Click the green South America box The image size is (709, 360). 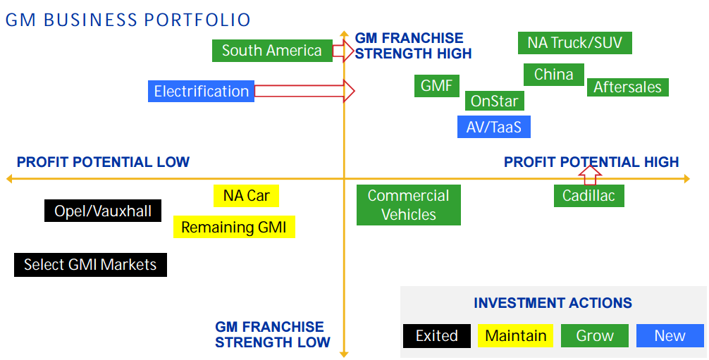(272, 51)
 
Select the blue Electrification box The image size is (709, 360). (202, 92)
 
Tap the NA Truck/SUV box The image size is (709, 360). (574, 43)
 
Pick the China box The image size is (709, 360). (553, 75)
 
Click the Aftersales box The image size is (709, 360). (627, 87)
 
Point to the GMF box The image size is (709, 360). (436, 86)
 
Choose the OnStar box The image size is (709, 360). (494, 101)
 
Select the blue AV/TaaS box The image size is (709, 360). (493, 127)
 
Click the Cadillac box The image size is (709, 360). (588, 196)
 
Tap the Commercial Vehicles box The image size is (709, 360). (408, 205)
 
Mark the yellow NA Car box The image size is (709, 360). (246, 195)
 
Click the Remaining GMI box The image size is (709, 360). (234, 227)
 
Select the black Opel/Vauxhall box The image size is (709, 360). (103, 211)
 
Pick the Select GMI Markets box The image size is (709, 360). (90, 265)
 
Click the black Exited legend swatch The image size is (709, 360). (437, 335)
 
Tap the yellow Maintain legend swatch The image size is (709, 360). (515, 335)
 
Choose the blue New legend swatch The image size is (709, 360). (670, 335)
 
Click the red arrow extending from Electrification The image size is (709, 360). (304, 91)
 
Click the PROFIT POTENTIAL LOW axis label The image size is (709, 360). (103, 162)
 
